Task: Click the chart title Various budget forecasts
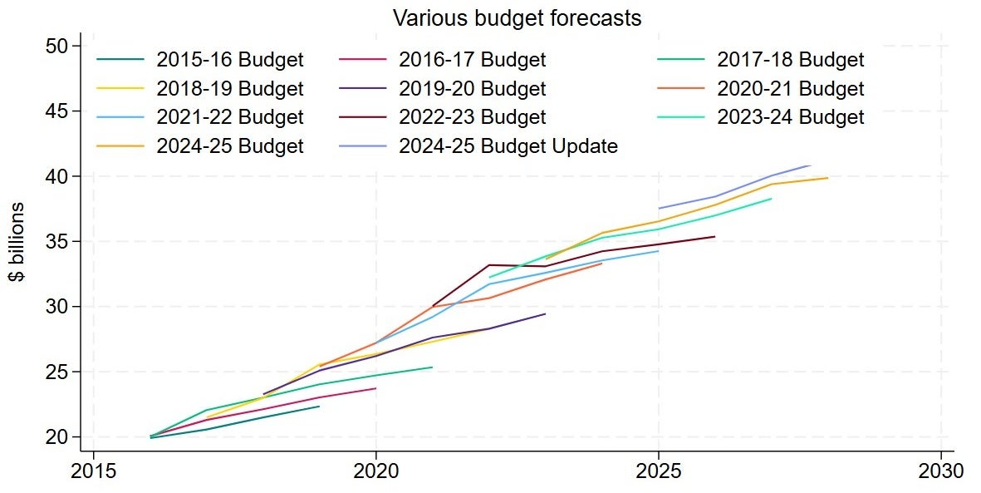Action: pyautogui.click(x=517, y=17)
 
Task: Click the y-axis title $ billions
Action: pyautogui.click(x=17, y=241)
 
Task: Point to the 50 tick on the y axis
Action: pyautogui.click(x=63, y=46)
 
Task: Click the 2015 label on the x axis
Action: pyautogui.click(x=94, y=471)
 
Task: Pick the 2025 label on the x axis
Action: pyautogui.click(x=659, y=471)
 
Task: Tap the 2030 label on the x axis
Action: pyautogui.click(x=940, y=471)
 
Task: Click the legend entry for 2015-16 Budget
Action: pyautogui.click(x=230, y=60)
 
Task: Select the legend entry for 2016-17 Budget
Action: pyautogui.click(x=472, y=60)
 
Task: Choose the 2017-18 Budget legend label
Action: pyautogui.click(x=790, y=60)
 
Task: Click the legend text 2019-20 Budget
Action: pyautogui.click(x=472, y=89)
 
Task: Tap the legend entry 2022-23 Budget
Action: pyautogui.click(x=472, y=117)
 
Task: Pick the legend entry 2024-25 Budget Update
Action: pyautogui.click(x=508, y=146)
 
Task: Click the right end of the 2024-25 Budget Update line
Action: pyautogui.click(x=810, y=165)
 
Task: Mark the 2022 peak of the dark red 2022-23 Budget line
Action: pyautogui.click(x=489, y=265)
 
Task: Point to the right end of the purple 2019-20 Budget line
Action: pyautogui.click(x=545, y=313)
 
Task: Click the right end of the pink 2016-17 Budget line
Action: pyautogui.click(x=376, y=388)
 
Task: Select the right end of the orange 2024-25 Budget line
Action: pyautogui.click(x=827, y=178)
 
